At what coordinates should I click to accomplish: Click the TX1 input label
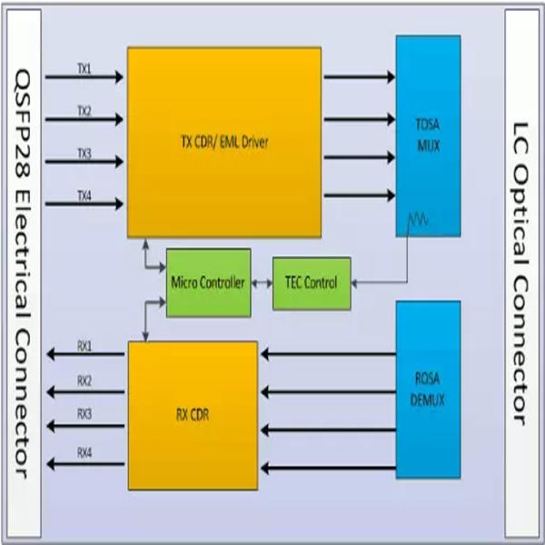[x=84, y=67]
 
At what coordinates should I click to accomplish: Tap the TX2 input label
[x=84, y=111]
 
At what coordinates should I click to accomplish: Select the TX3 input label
[x=84, y=154]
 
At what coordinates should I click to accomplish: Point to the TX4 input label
[x=84, y=195]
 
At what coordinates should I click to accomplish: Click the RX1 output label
[x=84, y=345]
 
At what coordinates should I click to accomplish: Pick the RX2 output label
[x=84, y=381]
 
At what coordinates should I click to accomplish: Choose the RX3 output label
[x=84, y=414]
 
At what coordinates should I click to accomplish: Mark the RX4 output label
[x=84, y=451]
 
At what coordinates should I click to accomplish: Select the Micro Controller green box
[x=208, y=282]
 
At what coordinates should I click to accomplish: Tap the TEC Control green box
[x=312, y=282]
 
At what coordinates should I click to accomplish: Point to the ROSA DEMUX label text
[x=428, y=391]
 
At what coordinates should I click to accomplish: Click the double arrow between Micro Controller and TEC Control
[x=262, y=283]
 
